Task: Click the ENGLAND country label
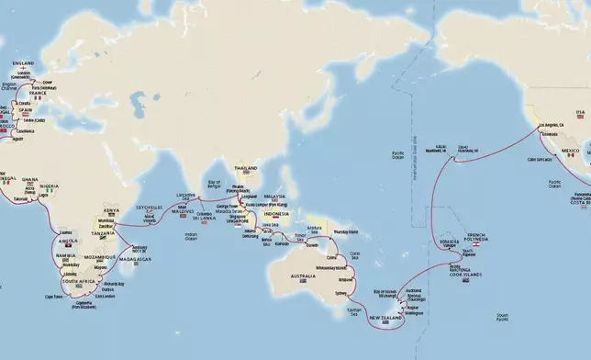(24, 62)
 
